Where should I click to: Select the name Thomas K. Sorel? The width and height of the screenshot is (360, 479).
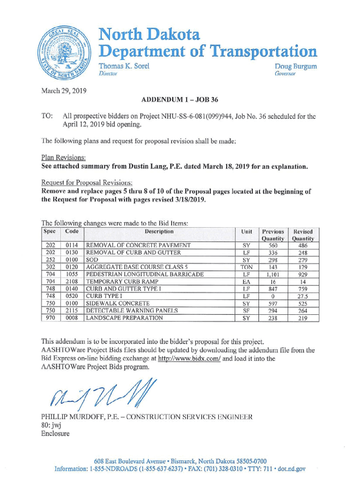tap(124, 66)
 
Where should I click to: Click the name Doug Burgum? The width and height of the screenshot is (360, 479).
tap(295, 66)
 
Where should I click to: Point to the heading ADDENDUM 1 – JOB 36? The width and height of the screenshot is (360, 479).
tap(180, 100)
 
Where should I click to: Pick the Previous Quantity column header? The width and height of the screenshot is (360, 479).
tap(273, 235)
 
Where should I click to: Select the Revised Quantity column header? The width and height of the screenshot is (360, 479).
tap(303, 235)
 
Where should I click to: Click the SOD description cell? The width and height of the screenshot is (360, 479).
tap(91, 260)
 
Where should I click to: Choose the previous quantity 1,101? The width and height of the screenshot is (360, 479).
tap(273, 275)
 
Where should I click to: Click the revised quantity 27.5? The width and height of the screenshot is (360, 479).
tap(303, 296)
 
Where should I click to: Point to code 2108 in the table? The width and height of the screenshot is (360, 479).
tap(72, 282)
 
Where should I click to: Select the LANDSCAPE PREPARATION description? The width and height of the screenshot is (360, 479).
tap(124, 318)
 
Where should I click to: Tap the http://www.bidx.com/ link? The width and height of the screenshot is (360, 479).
tap(189, 359)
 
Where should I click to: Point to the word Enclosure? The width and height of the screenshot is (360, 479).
tap(56, 434)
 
